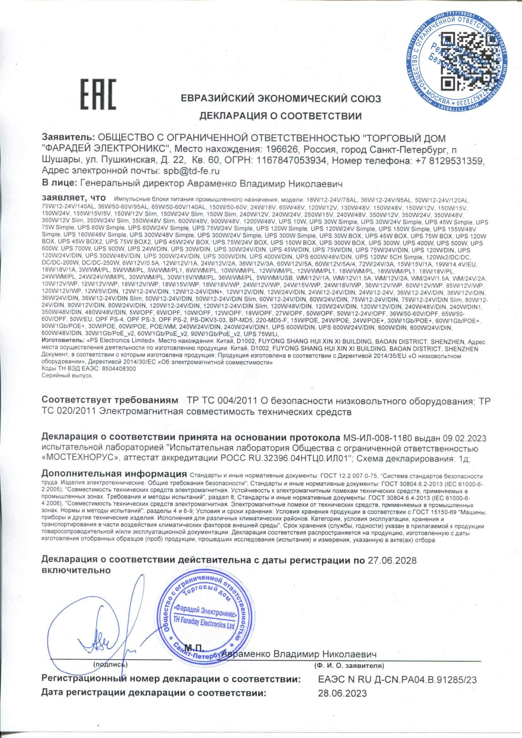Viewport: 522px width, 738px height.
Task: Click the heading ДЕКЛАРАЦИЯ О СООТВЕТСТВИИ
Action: tap(281, 116)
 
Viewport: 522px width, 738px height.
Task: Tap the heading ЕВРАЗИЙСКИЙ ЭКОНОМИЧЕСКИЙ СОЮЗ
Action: tap(281, 99)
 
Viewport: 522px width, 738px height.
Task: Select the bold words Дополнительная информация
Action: tap(114, 474)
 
